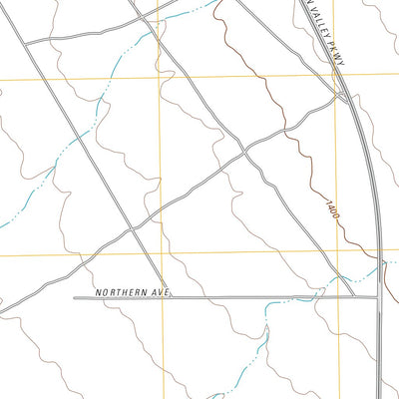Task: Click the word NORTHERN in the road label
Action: click(123, 292)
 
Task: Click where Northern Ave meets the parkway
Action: click(378, 297)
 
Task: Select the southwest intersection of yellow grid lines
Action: click(161, 254)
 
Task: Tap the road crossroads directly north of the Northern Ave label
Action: click(133, 228)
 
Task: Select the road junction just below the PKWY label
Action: click(342, 97)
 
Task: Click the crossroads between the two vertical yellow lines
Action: click(242, 152)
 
